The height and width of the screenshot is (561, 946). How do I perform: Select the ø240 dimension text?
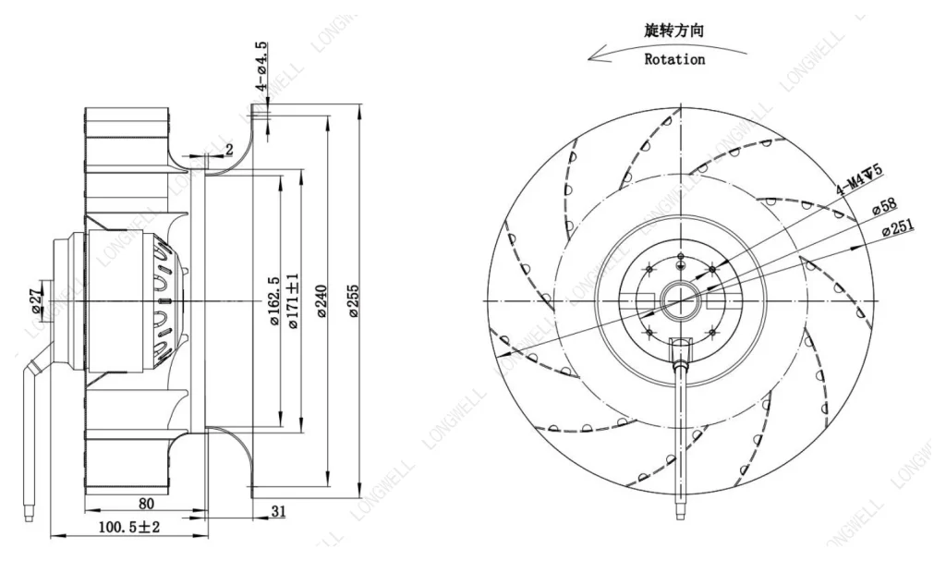[321, 301]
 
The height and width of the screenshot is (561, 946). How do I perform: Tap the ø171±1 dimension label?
[294, 300]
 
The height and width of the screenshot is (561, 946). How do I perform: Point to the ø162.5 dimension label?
[274, 301]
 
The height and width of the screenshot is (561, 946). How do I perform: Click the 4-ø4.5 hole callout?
[261, 67]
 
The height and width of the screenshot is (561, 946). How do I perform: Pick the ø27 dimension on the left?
[37, 300]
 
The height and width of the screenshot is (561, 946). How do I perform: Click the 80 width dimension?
[146, 503]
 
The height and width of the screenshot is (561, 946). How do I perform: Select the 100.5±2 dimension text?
[129, 527]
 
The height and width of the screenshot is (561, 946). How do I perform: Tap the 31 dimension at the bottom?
[278, 511]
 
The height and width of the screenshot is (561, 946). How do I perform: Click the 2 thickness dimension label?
[229, 149]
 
